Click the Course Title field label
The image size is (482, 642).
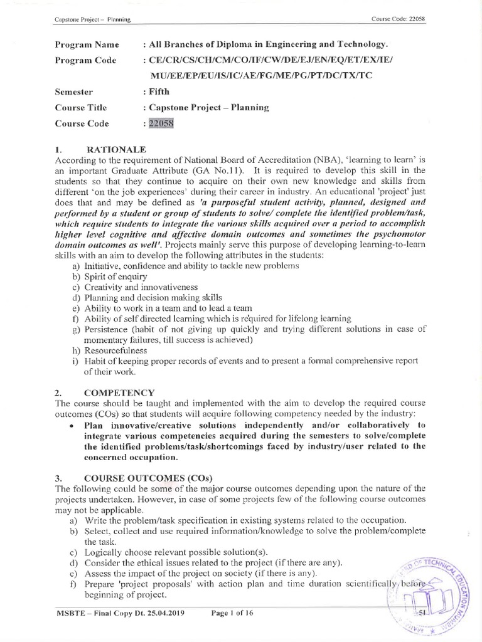point(80,107)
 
